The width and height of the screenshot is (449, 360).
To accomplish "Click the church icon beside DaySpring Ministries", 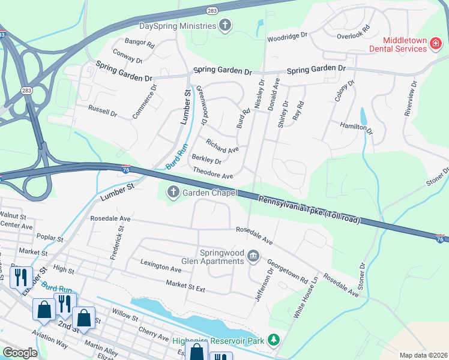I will [225, 25].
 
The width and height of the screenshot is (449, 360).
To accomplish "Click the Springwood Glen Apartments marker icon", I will [253, 257].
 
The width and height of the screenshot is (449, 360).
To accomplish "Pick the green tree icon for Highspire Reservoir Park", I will [274, 340].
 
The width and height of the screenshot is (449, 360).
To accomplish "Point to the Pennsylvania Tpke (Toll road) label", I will [309, 208].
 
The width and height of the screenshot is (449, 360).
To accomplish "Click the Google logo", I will [20, 352].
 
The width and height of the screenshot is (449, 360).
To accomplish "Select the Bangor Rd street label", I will [139, 44].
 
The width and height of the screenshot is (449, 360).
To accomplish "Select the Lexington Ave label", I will [161, 266].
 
